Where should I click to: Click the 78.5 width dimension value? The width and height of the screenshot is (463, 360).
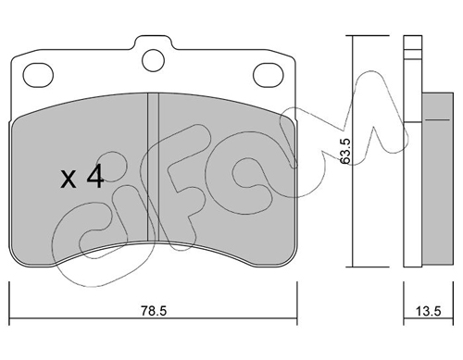pos(154,311)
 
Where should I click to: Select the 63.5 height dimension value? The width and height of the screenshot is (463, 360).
pos(345,151)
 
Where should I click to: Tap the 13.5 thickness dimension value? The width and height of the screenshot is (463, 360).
pos(429,311)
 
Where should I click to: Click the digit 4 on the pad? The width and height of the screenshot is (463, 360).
pos(94,176)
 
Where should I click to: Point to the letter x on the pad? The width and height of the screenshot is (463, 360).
pos(69,180)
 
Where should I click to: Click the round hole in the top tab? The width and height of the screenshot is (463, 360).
pos(153,60)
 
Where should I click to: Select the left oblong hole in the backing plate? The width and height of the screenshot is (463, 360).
pos(39,75)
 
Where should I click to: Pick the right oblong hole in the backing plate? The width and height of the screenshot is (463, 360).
pos(268,75)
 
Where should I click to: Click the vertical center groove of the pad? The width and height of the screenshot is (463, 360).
pos(153,168)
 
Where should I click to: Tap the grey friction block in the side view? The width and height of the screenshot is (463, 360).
pos(437,179)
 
